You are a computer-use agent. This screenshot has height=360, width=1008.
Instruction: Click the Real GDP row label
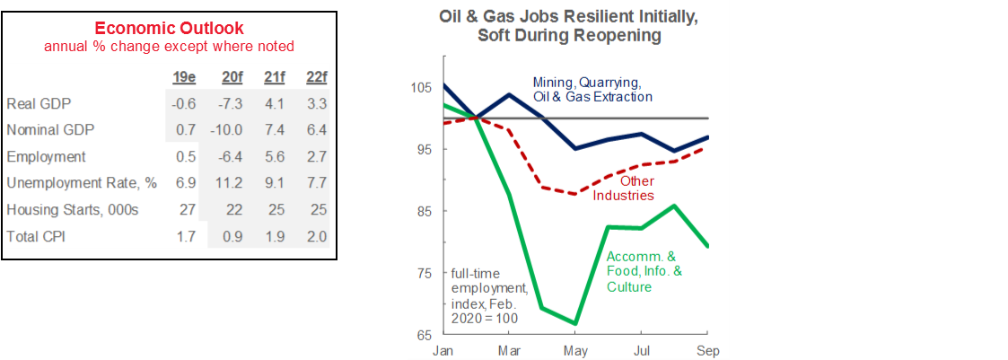(33, 103)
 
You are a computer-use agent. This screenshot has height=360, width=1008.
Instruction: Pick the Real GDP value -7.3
(232, 103)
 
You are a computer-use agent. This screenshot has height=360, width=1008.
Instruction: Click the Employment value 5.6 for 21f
(275, 157)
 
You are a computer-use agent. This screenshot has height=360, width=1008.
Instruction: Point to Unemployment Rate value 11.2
(232, 184)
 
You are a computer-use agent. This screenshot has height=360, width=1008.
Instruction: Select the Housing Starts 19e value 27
(182, 211)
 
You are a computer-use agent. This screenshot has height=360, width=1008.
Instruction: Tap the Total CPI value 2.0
(316, 238)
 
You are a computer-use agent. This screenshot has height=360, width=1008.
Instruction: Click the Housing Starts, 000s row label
(71, 211)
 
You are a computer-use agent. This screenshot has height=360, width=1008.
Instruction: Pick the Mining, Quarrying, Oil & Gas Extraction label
(592, 90)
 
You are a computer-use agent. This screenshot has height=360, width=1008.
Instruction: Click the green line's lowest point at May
(575, 323)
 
